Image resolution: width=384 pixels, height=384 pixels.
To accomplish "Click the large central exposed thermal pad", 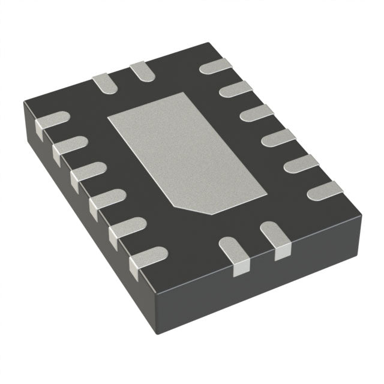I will (186, 153).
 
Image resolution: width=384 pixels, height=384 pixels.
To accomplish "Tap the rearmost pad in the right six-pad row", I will (216, 66).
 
